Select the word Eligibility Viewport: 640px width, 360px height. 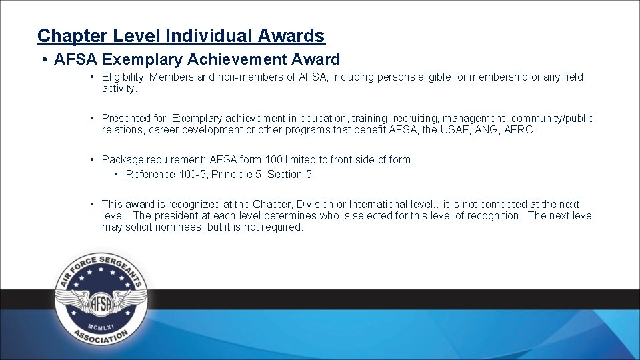pos(123,77)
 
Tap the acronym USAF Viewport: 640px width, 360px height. pos(455,130)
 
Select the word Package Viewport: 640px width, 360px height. pos(122,160)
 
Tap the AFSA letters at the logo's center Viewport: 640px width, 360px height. pos(101,303)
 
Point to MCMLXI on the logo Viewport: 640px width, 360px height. pos(101,326)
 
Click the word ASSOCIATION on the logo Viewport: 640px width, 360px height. pos(101,337)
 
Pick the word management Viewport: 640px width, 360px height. pos(475,119)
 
